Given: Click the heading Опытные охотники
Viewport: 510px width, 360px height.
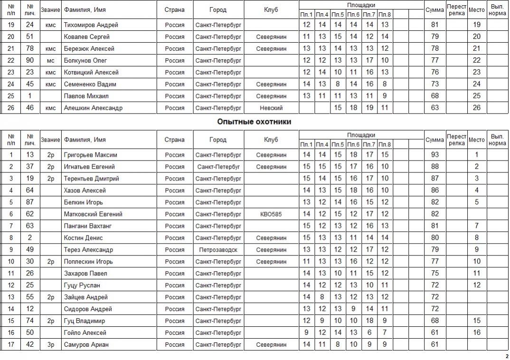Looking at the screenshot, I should (x=254, y=122).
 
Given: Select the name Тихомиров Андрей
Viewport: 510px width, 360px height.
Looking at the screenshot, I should (x=91, y=25).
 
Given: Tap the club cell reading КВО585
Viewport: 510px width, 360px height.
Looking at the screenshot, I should (x=271, y=214).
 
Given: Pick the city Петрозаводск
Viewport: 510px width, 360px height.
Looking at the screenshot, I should (x=218, y=250).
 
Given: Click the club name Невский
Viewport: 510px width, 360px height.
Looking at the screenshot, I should (x=271, y=108).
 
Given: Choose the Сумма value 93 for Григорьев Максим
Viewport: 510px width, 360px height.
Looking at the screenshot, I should (x=434, y=155).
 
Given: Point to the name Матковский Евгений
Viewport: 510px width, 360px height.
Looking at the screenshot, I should (x=93, y=214).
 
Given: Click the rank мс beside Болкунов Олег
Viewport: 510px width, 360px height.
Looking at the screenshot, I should (x=50, y=60).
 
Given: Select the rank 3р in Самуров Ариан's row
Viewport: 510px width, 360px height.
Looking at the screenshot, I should (x=50, y=345).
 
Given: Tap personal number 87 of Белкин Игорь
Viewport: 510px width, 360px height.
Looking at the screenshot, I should (x=30, y=202).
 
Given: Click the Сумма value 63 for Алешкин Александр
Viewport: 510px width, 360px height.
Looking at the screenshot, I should (x=434, y=108).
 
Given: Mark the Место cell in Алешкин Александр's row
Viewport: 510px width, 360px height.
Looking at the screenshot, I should (x=477, y=108).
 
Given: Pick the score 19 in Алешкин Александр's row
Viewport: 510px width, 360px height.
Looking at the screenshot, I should (x=369, y=108).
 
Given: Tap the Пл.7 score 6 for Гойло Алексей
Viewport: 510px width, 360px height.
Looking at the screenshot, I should (x=369, y=333).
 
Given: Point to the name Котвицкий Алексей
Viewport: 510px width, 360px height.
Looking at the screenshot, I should (x=91, y=72).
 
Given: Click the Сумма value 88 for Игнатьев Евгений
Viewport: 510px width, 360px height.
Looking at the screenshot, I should (x=434, y=167).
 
